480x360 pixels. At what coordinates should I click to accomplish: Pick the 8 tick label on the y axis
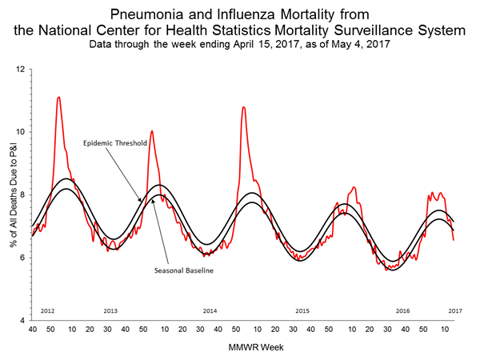click(22, 194)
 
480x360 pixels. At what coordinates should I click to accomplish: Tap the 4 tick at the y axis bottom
click(22, 320)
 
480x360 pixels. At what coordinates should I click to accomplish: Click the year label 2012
click(47, 310)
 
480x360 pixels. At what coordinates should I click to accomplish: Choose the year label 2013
click(111, 310)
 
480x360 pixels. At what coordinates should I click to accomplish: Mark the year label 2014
click(210, 310)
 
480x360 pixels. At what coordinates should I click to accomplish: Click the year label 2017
click(454, 310)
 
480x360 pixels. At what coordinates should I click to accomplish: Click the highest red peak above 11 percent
click(58, 98)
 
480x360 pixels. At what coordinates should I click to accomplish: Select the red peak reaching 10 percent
click(151, 130)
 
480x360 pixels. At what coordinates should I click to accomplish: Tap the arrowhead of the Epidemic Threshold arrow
click(140, 200)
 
